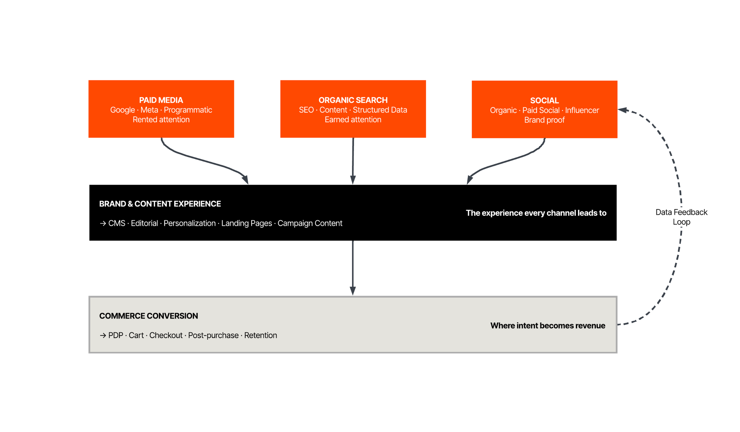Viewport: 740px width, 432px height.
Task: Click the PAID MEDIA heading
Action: pyautogui.click(x=161, y=100)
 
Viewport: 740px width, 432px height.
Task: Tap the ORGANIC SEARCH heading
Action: pyautogui.click(x=353, y=100)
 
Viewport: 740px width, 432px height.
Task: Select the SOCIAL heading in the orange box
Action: pyautogui.click(x=544, y=100)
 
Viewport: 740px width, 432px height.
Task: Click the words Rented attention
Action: pyautogui.click(x=161, y=119)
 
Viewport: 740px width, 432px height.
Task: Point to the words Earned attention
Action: pyautogui.click(x=353, y=119)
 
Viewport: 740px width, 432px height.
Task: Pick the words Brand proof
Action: pyautogui.click(x=544, y=120)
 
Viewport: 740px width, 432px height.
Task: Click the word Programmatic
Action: pyautogui.click(x=188, y=110)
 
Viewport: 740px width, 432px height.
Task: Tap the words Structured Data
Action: pyautogui.click(x=380, y=110)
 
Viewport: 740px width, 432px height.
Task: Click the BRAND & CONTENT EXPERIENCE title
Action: pyautogui.click(x=160, y=204)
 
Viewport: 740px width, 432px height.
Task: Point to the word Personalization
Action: pyautogui.click(x=190, y=223)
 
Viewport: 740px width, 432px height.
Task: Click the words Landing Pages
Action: pyautogui.click(x=246, y=223)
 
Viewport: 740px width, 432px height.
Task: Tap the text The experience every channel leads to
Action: pyautogui.click(x=536, y=213)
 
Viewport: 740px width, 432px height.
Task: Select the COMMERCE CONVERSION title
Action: pyautogui.click(x=148, y=316)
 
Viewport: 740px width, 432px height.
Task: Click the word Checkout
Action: pyautogui.click(x=166, y=335)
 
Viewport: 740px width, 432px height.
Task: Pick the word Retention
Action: pyautogui.click(x=260, y=335)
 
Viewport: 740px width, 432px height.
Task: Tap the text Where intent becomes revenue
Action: pyautogui.click(x=547, y=326)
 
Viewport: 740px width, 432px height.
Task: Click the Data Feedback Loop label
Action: pyautogui.click(x=681, y=217)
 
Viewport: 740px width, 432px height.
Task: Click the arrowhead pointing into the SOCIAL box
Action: pyautogui.click(x=622, y=110)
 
